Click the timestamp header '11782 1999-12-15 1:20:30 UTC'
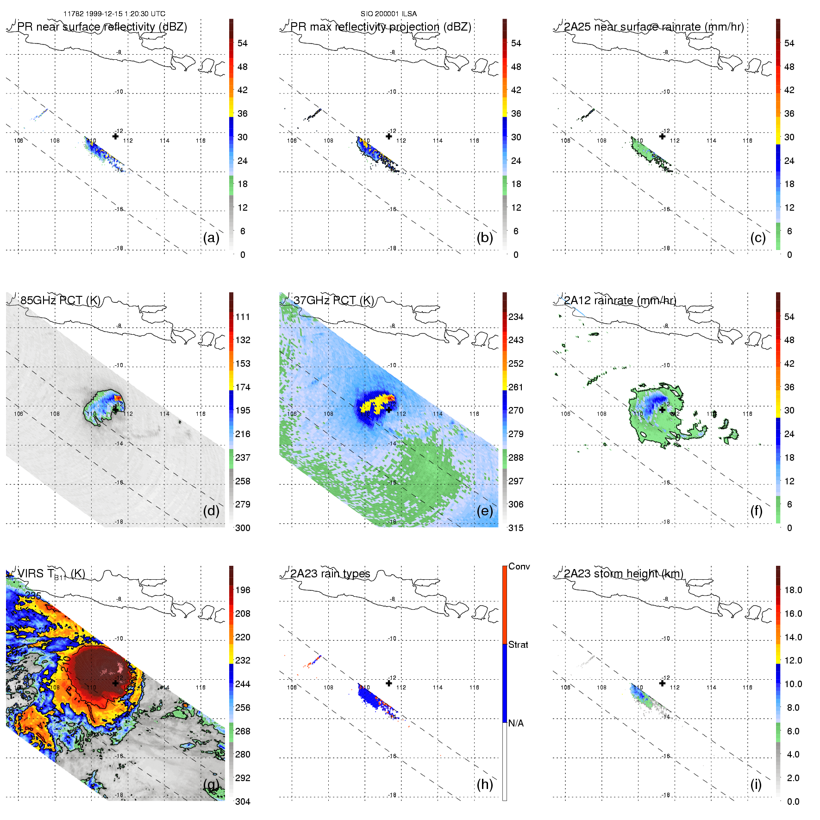114,14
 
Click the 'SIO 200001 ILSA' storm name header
388,14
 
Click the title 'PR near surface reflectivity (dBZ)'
102,27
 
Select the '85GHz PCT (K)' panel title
60,300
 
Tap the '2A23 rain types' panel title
330,574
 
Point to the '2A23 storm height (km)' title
623,574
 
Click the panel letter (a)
211,238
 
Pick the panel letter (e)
485,511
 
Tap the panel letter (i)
756,784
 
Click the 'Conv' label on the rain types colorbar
519,566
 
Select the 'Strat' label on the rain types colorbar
518,645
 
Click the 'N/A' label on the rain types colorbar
516,723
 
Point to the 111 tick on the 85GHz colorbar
243,317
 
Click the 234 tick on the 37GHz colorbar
516,317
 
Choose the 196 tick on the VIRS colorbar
243,590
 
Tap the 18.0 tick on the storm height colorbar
793,590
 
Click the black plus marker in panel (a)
115,136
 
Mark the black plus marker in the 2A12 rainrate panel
663,409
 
